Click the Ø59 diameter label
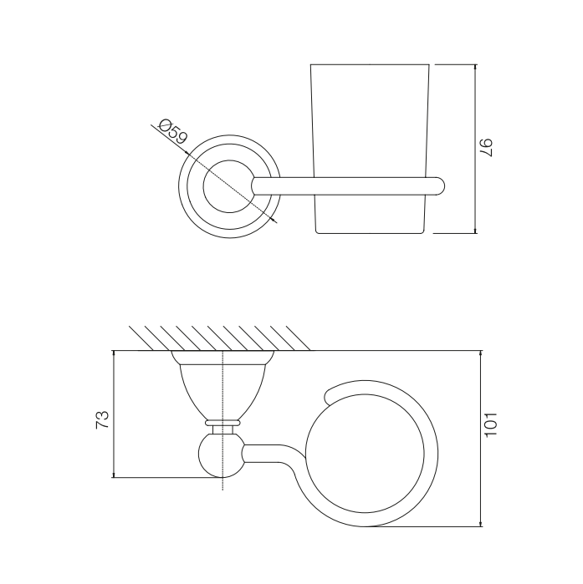click(x=173, y=131)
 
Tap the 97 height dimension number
click(x=486, y=148)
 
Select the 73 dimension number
click(x=103, y=419)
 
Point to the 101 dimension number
click(x=490, y=424)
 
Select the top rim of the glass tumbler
click(x=370, y=64)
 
